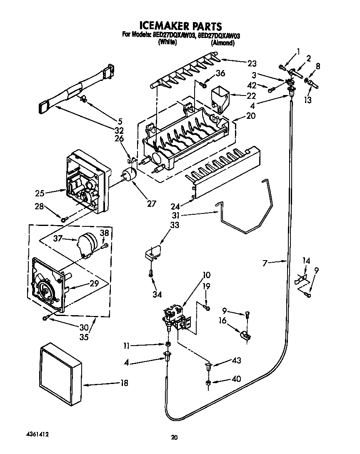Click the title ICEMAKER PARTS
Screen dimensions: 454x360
click(180, 26)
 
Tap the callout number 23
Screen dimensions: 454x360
click(252, 63)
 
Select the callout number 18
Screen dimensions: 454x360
click(124, 383)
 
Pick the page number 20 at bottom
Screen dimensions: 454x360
click(175, 437)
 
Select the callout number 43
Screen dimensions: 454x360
click(236, 361)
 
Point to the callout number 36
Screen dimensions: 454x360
click(220, 74)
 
